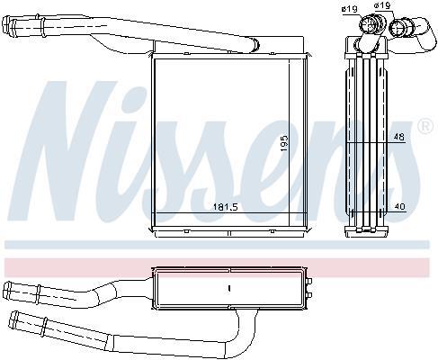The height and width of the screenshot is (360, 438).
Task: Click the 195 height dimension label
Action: (x=284, y=143)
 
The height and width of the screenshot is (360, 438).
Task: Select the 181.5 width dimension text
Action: (x=225, y=207)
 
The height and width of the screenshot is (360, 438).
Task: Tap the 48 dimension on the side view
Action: (x=398, y=137)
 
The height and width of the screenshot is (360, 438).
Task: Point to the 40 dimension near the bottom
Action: (x=400, y=206)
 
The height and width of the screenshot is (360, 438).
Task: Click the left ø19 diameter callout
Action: (x=349, y=9)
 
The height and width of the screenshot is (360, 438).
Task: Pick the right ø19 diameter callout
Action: (x=381, y=5)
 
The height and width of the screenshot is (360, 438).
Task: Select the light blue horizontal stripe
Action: (x=217, y=245)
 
